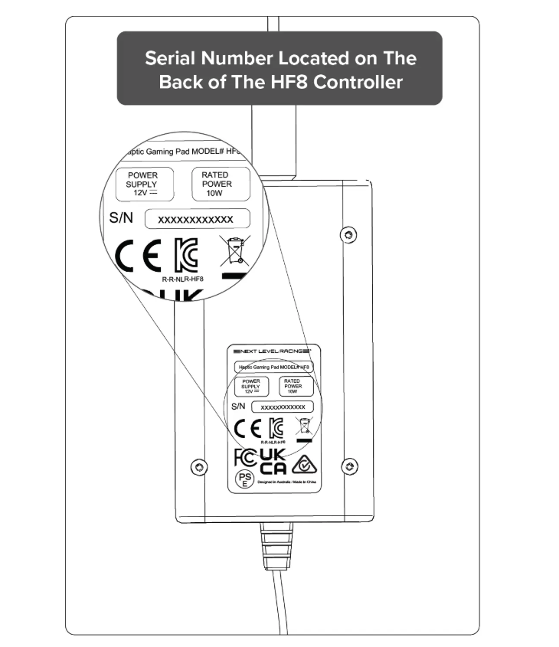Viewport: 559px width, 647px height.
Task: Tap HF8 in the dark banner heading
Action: [x=287, y=82]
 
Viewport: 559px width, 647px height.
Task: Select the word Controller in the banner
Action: [x=358, y=82]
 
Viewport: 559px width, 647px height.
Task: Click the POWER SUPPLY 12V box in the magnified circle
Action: [x=142, y=184]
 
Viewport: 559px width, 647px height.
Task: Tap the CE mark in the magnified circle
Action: [x=138, y=257]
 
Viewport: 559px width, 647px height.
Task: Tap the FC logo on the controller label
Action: [x=243, y=458]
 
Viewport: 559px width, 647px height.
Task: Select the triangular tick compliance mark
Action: [x=305, y=462]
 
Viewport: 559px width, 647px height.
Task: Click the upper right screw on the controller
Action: [x=349, y=232]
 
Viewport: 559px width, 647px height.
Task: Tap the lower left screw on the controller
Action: [x=198, y=466]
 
